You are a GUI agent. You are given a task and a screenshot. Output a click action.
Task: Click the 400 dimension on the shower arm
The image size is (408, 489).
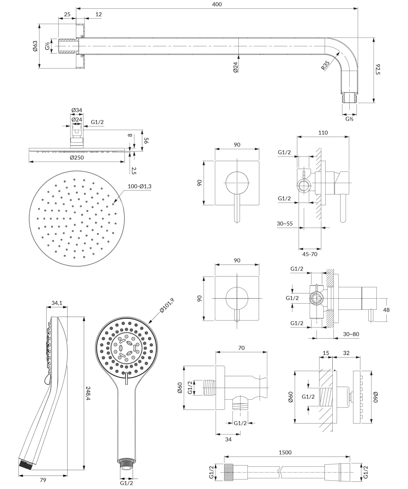tap(217, 4)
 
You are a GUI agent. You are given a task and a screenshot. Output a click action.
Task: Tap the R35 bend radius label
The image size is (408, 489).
tap(325, 65)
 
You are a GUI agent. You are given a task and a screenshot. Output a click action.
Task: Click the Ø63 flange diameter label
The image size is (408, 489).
tap(35, 46)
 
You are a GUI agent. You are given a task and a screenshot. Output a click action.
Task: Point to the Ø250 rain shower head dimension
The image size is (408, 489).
tap(77, 158)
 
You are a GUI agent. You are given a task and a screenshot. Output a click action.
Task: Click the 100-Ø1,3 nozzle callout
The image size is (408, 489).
tap(140, 187)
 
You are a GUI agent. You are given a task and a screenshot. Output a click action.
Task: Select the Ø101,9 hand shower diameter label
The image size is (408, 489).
tap(166, 305)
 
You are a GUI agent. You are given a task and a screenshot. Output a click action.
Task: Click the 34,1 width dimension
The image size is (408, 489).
tap(57, 303)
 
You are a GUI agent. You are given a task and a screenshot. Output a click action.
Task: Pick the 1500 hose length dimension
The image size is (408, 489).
tap(285, 453)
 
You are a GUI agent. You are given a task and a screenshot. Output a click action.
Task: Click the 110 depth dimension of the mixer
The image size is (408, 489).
tap(323, 133)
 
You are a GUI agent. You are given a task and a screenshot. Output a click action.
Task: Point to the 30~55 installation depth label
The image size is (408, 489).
tap(285, 224)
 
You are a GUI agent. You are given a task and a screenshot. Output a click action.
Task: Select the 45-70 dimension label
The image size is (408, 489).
tap(310, 254)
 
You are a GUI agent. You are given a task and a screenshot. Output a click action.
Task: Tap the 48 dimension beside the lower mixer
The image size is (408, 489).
tap(386, 310)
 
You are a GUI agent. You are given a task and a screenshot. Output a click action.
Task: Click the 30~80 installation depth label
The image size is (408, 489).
tap(351, 334)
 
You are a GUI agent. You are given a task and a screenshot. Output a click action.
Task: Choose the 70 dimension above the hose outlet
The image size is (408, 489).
tap(241, 348)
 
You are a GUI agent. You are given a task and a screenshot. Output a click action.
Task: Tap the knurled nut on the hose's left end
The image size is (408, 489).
tap(229, 472)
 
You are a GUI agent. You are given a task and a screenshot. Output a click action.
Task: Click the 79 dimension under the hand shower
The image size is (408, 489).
tap(43, 480)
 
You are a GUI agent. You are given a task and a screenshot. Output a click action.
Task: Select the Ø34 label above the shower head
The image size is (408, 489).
tap(77, 110)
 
